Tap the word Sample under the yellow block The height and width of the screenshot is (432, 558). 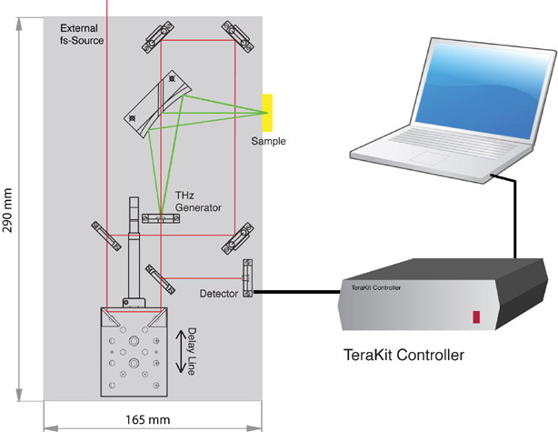270,141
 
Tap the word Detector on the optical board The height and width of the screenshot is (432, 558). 218,295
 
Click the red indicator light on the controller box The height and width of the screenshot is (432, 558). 475,317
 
